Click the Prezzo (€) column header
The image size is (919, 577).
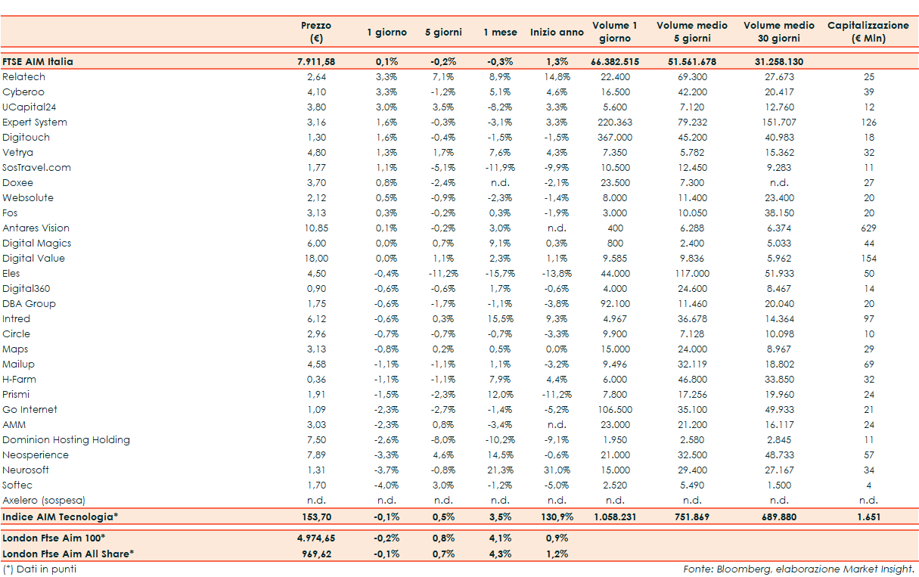pos(316,32)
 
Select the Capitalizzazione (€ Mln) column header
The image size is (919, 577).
pos(868,32)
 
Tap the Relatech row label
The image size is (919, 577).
pos(24,77)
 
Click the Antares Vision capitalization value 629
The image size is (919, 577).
pos(868,228)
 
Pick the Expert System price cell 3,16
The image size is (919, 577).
pos(316,123)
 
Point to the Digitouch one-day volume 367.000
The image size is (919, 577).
pos(614,138)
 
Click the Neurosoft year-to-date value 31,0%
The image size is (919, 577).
pos(557,470)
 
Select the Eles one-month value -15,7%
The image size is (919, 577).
pos(500,274)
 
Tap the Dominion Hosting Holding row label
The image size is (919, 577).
pos(67,440)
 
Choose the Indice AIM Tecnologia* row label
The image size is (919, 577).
pos(61,517)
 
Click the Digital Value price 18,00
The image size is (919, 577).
pos(316,259)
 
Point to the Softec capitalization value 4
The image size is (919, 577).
pos(868,485)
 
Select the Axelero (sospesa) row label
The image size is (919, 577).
pos(44,501)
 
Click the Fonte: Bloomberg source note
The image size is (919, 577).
pos(799,569)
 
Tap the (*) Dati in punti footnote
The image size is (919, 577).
pos(39,569)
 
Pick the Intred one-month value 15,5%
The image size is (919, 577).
pos(500,319)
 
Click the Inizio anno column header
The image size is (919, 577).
pos(557,33)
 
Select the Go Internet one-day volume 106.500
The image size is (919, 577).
pos(614,410)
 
